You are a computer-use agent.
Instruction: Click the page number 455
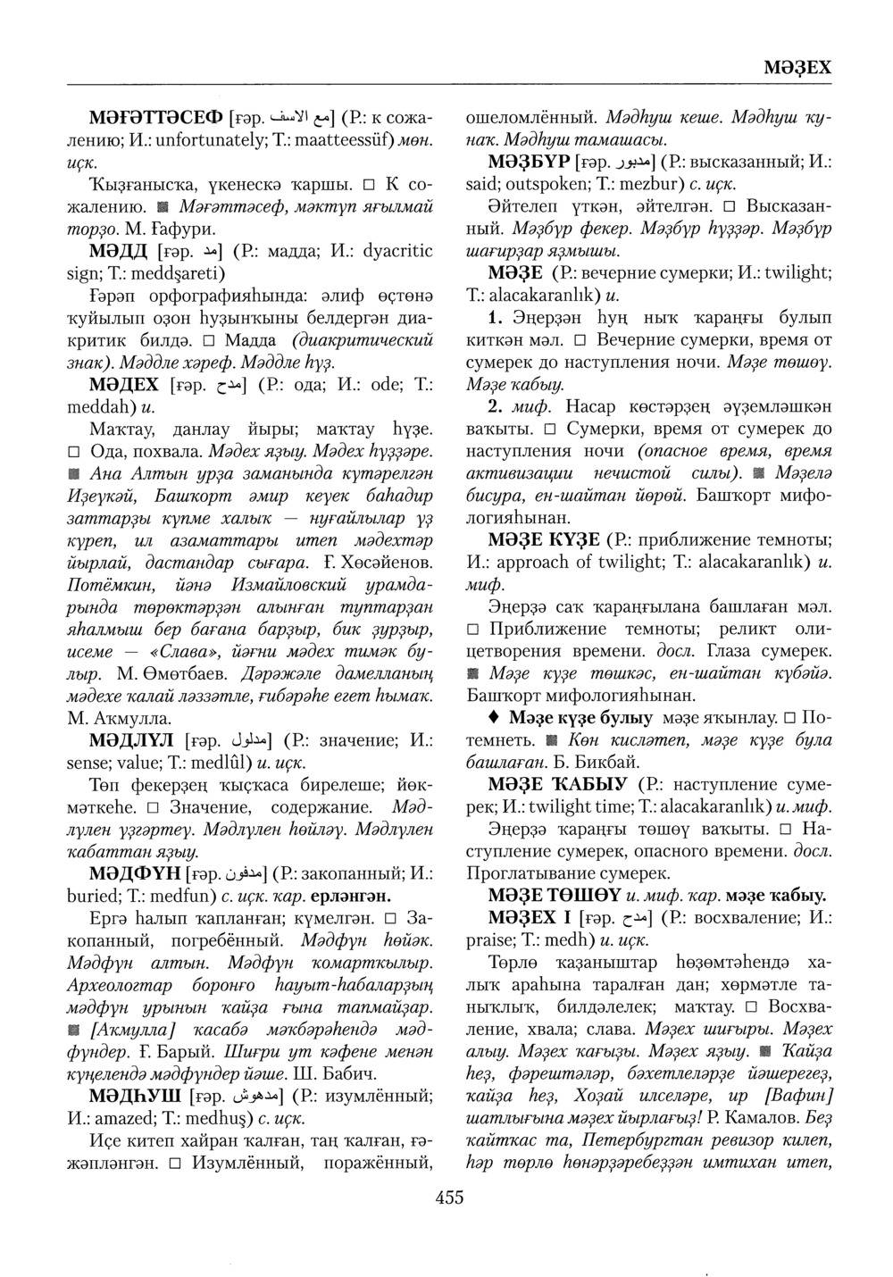[x=449, y=1198]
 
